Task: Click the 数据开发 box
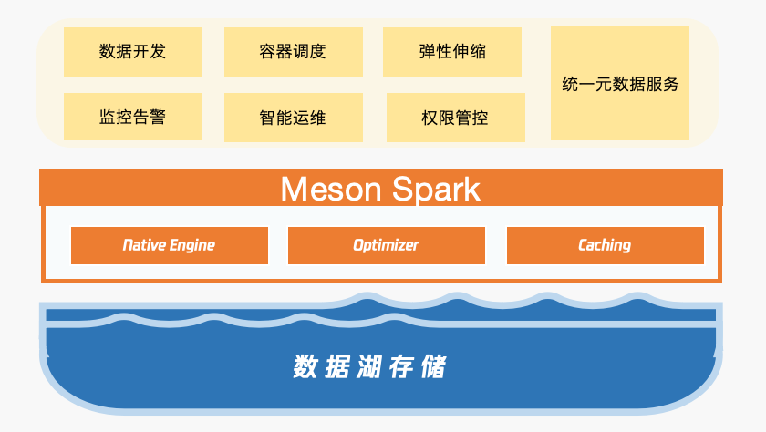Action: [132, 51]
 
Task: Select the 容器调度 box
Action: [293, 51]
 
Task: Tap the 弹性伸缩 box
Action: [452, 51]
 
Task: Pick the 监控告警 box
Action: [132, 117]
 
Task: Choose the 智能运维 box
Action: [293, 118]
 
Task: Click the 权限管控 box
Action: [455, 118]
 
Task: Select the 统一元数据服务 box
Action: [620, 83]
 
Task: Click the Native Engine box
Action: [170, 245]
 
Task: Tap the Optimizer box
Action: [387, 245]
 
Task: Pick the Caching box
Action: [605, 245]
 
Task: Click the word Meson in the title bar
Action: [331, 189]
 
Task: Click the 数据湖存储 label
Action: [369, 367]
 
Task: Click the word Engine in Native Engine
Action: [192, 245]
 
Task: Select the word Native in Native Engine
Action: [143, 245]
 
